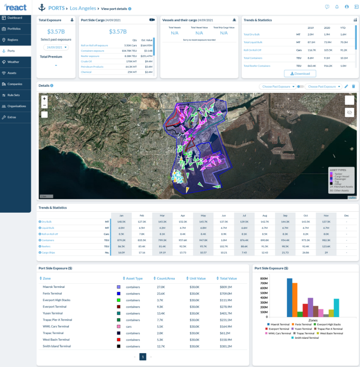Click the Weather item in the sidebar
coord(13,62)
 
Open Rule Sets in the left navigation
coord(13,95)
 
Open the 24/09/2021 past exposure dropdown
coord(56,47)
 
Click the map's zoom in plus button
coord(44,98)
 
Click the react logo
coord(15,8)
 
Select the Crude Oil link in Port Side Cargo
coord(86,61)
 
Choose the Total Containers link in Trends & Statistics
coord(253,58)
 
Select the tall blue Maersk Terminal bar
coord(290,298)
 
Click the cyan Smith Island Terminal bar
coord(336,308)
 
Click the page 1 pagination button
coord(143,357)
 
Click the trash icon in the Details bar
coord(353,86)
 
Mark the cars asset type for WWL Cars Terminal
coord(133,326)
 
